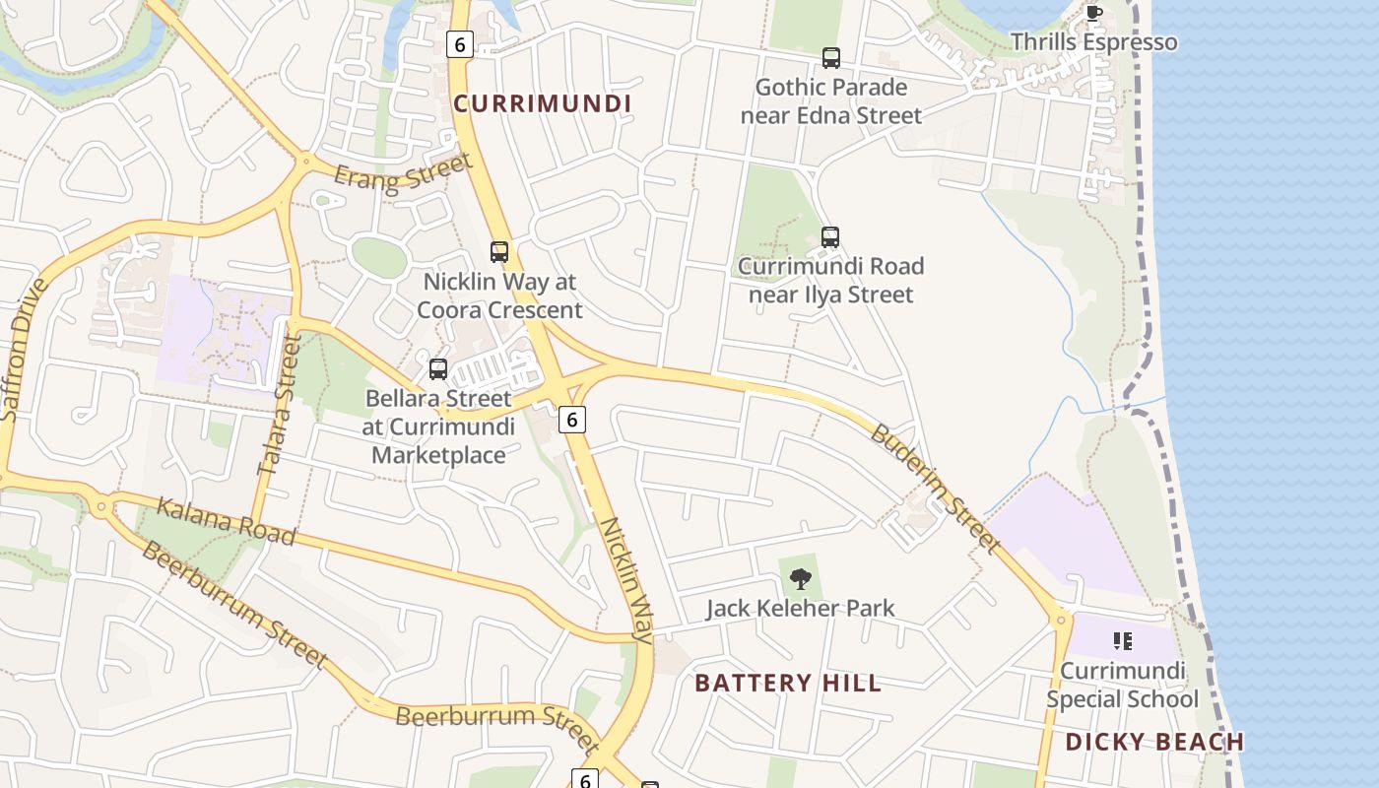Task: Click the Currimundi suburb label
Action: (542, 103)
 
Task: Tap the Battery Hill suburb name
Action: (788, 683)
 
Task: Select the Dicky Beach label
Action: (1154, 742)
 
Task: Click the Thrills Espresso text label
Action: (1093, 42)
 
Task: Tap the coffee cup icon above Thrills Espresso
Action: (1093, 14)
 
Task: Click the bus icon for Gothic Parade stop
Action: (831, 58)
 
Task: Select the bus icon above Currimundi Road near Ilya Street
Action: (830, 237)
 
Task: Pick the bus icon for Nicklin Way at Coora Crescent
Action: (499, 252)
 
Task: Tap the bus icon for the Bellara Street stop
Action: (438, 369)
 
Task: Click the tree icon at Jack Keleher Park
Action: (801, 578)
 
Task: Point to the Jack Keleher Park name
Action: (800, 608)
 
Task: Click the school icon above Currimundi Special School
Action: (1122, 642)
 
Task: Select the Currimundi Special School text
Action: (1122, 686)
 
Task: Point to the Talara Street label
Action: (280, 404)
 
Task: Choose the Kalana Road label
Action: (226, 521)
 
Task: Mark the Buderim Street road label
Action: (935, 489)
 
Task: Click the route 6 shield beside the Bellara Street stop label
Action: (571, 419)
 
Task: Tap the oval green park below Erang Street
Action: (379, 258)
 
